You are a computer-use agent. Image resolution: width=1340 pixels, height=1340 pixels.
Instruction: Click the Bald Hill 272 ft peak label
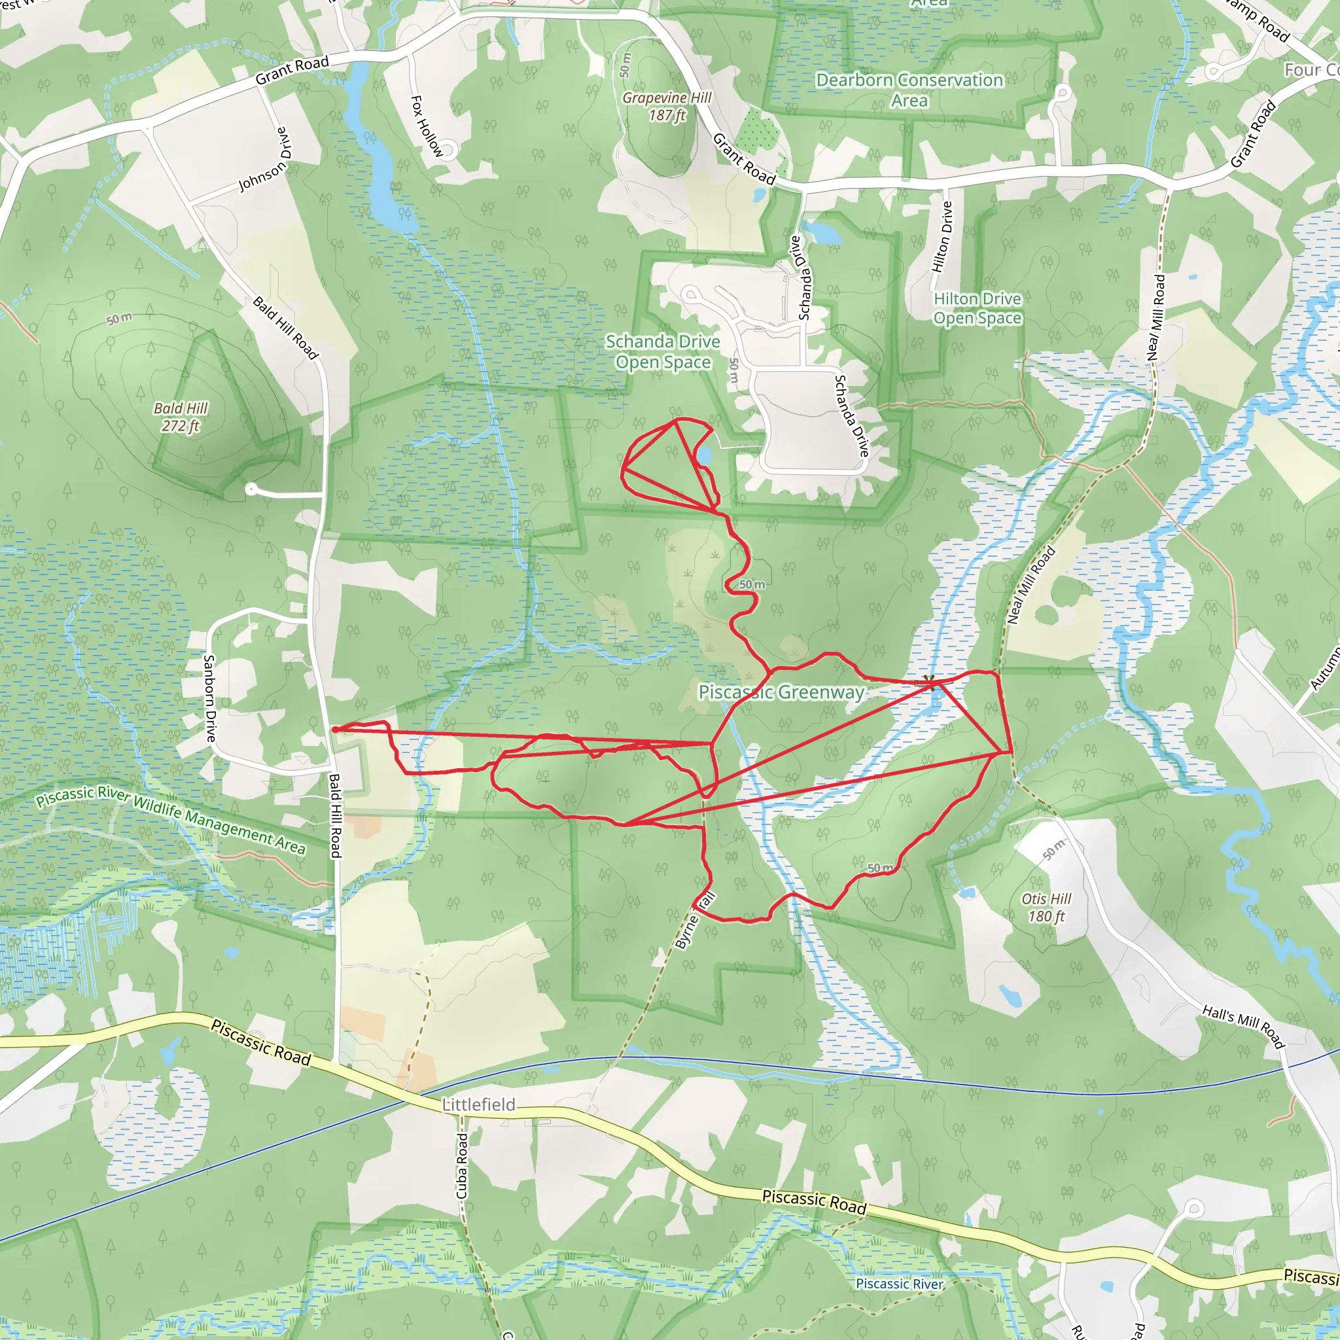tap(181, 417)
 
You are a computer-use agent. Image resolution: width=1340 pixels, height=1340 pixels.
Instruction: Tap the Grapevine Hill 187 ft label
tap(667, 107)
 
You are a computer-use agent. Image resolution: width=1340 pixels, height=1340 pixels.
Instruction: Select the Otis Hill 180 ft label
tap(1046, 908)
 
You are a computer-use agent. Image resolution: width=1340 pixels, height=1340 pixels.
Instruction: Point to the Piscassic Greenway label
tap(781, 692)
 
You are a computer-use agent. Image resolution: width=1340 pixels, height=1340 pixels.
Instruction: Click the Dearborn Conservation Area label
tap(909, 90)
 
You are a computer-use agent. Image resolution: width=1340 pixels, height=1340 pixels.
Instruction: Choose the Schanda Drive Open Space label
tap(662, 351)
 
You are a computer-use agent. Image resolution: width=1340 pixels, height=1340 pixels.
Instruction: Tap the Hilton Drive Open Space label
tap(978, 309)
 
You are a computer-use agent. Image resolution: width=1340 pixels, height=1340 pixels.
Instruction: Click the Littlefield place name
tap(478, 1104)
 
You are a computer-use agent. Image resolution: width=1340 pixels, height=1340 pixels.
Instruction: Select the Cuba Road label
tap(462, 1166)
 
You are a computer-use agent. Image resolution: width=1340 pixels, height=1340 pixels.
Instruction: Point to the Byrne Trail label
tap(694, 921)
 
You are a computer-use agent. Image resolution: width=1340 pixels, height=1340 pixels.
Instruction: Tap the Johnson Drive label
tap(264, 160)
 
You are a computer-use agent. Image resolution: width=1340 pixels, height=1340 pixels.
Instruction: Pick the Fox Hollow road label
tap(426, 126)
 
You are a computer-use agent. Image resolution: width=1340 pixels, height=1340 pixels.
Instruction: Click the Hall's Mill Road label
tap(1244, 1027)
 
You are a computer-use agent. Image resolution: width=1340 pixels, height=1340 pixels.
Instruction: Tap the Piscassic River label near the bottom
tap(900, 1284)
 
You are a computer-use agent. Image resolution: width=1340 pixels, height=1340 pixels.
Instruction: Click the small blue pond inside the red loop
tap(703, 455)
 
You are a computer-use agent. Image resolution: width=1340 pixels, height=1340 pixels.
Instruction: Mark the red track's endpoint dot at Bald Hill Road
tap(334, 730)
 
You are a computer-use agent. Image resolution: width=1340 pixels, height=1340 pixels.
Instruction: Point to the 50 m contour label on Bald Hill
tap(119, 319)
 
